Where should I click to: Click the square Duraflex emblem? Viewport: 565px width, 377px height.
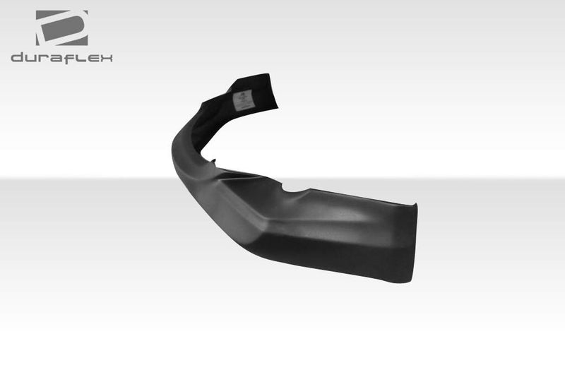61,28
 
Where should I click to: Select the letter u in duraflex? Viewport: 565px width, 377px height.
30,58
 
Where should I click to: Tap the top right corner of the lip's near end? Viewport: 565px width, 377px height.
415,206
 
